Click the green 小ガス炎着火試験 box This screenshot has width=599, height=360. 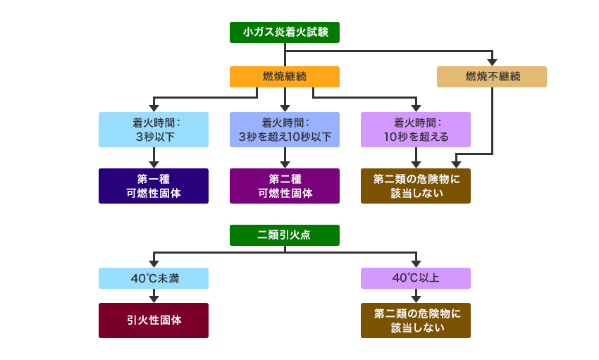[284, 32]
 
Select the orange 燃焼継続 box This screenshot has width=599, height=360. [284, 76]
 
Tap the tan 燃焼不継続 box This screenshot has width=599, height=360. [491, 76]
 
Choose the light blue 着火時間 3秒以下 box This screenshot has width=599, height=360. [154, 129]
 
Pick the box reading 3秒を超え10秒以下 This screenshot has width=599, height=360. [284, 129]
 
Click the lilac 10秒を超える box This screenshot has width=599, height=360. [416, 129]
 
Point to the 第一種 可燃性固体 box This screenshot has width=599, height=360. [154, 186]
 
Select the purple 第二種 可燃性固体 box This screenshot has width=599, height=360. [284, 186]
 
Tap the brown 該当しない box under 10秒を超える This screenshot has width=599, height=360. [416, 186]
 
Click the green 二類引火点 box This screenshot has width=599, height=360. [284, 235]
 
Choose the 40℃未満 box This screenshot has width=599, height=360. [154, 278]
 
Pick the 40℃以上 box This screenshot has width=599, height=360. [416, 278]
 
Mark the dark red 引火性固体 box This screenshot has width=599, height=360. [154, 321]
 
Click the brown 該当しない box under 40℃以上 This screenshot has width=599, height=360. [416, 321]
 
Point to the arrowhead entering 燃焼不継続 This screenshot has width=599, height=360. [491, 61]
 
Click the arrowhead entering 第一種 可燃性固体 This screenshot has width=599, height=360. [154, 164]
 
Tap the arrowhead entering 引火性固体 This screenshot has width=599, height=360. [154, 299]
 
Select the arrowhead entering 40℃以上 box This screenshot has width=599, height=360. [416, 263]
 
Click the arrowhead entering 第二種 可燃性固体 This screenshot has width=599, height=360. [284, 164]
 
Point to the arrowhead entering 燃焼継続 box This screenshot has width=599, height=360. [284, 62]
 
